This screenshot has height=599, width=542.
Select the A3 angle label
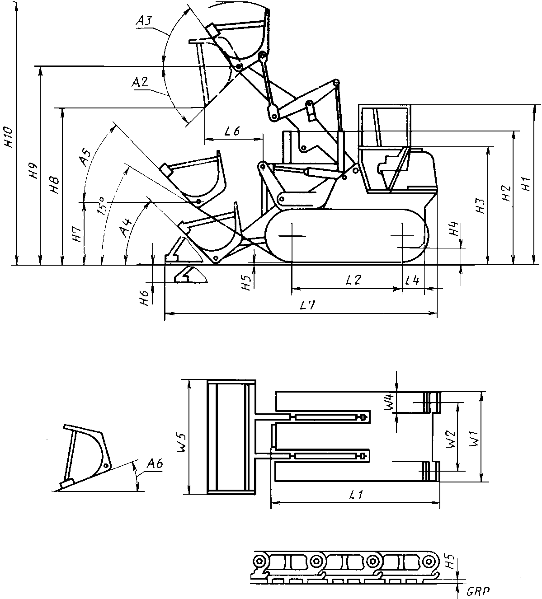click(x=144, y=21)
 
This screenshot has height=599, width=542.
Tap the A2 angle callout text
click(x=140, y=82)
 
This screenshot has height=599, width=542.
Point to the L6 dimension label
click(x=232, y=131)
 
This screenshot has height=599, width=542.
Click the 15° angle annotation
click(x=102, y=206)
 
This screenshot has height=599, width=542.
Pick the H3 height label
click(x=481, y=206)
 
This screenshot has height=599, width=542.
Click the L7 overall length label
click(x=308, y=305)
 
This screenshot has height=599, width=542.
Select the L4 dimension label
click(x=412, y=281)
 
